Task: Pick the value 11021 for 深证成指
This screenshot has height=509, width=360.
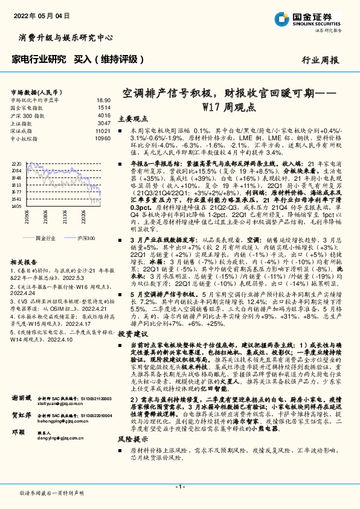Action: pyautogui.click(x=103, y=130)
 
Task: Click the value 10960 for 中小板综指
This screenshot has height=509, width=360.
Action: pyautogui.click(x=103, y=137)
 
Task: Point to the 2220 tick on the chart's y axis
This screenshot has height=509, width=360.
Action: pyautogui.click(x=17, y=164)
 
